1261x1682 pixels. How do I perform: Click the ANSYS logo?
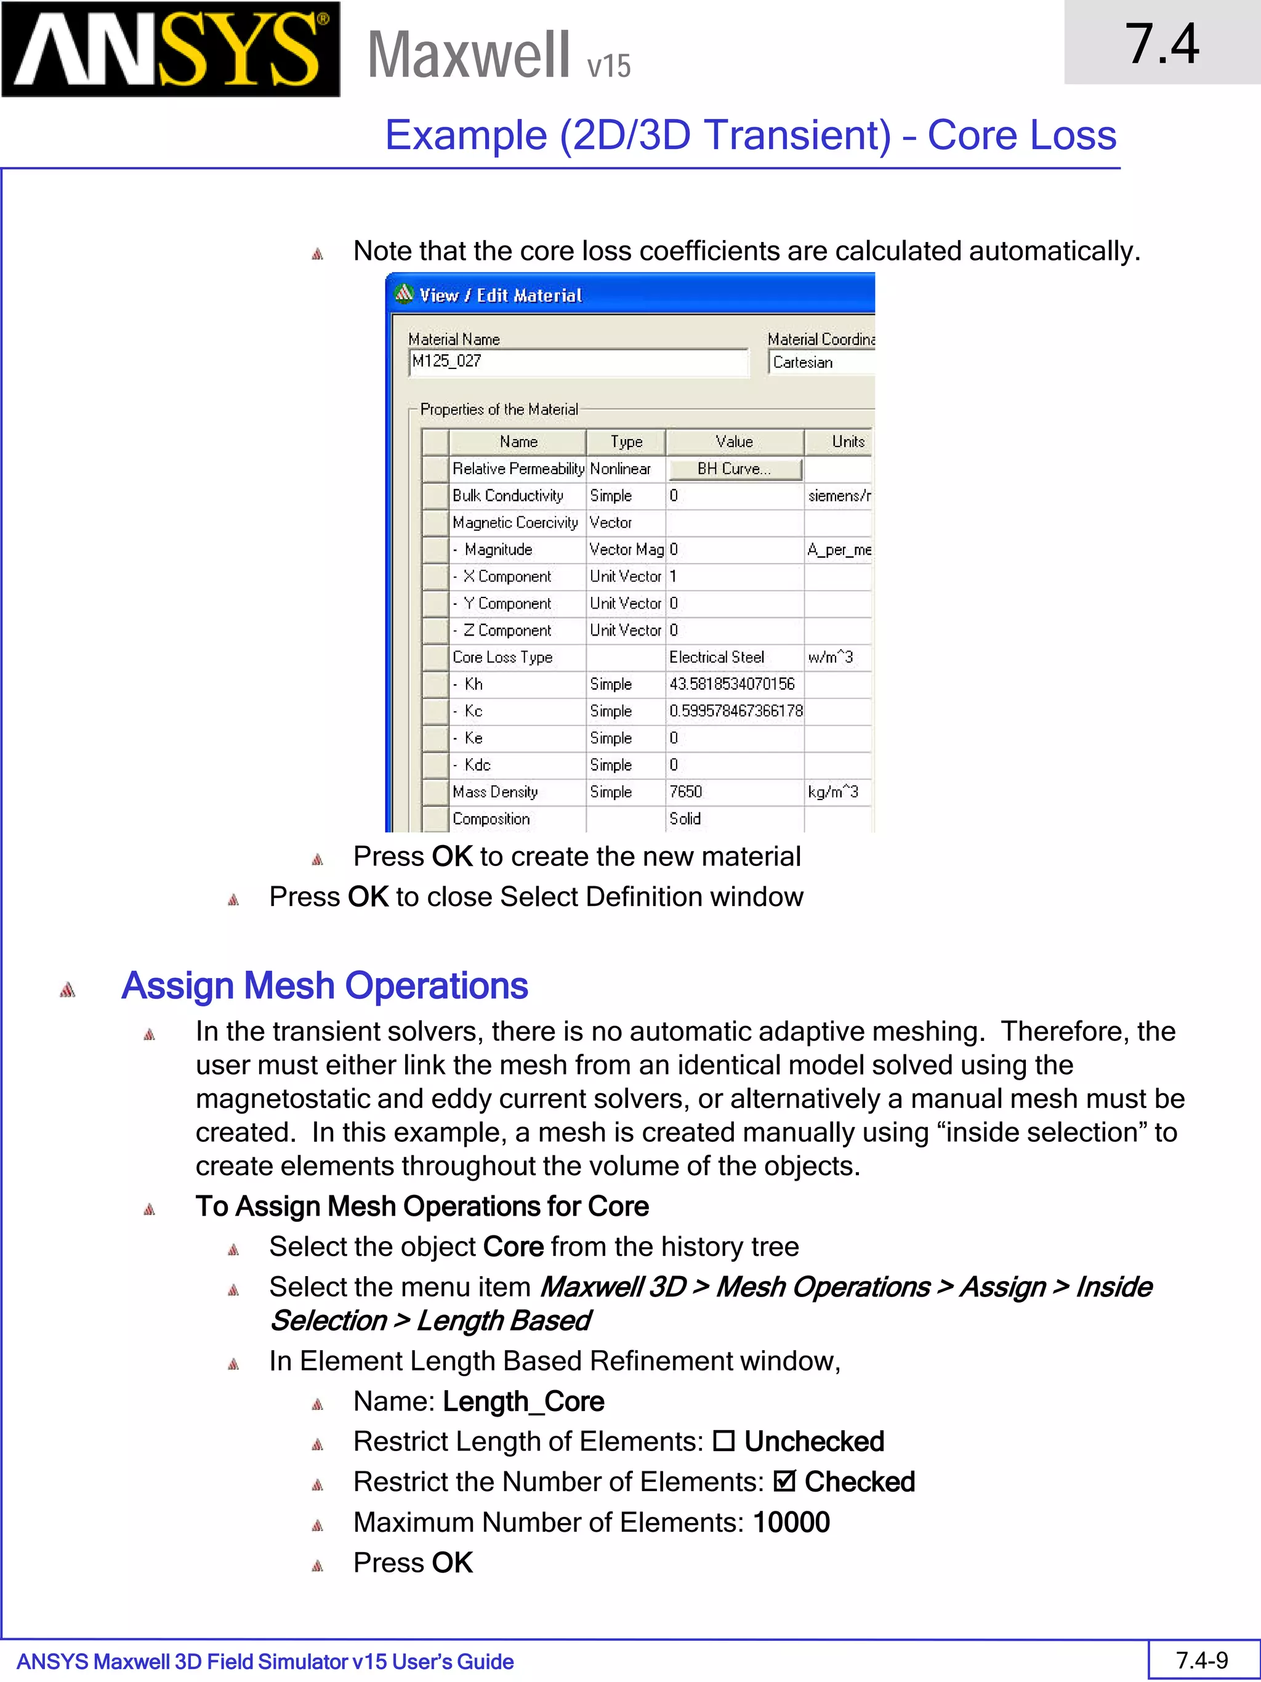(171, 49)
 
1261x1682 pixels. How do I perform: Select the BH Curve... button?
(735, 469)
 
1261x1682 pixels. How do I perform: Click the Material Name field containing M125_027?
(578, 362)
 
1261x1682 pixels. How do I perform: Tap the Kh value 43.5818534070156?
(731, 684)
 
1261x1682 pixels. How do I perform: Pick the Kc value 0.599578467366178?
(735, 711)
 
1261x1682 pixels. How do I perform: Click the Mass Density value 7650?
(685, 791)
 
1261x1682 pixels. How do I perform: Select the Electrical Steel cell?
(716, 657)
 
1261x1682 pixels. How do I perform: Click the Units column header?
(847, 442)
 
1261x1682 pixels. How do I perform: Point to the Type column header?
(626, 442)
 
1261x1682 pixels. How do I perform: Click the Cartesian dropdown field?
(821, 363)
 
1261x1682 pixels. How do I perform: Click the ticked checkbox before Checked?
(784, 1481)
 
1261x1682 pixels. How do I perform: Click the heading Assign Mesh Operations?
(324, 985)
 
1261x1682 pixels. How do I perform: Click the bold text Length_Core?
(523, 1401)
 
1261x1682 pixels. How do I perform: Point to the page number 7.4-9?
(1202, 1660)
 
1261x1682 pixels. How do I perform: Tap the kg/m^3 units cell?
(832, 791)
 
